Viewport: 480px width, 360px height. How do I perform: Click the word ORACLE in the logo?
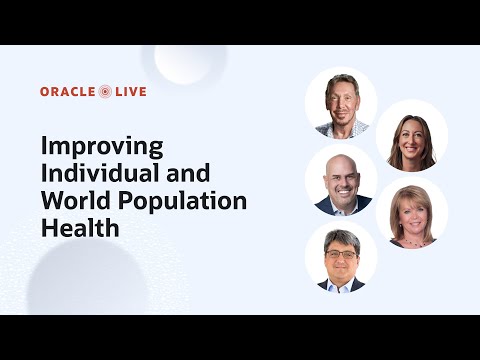pyautogui.click(x=68, y=92)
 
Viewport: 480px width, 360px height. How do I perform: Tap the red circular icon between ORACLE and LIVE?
pyautogui.click(x=106, y=92)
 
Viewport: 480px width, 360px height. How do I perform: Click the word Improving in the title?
pyautogui.click(x=102, y=146)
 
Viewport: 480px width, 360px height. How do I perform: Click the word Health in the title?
pyautogui.click(x=80, y=227)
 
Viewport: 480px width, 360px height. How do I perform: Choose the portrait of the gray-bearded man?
pyautogui.click(x=341, y=104)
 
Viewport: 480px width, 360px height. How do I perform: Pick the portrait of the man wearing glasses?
pyautogui.click(x=341, y=258)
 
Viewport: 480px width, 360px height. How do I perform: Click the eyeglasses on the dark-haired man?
pyautogui.click(x=341, y=254)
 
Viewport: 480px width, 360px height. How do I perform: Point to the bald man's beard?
pyautogui.click(x=341, y=197)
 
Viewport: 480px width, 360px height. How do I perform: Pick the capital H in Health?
pyautogui.click(x=49, y=227)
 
